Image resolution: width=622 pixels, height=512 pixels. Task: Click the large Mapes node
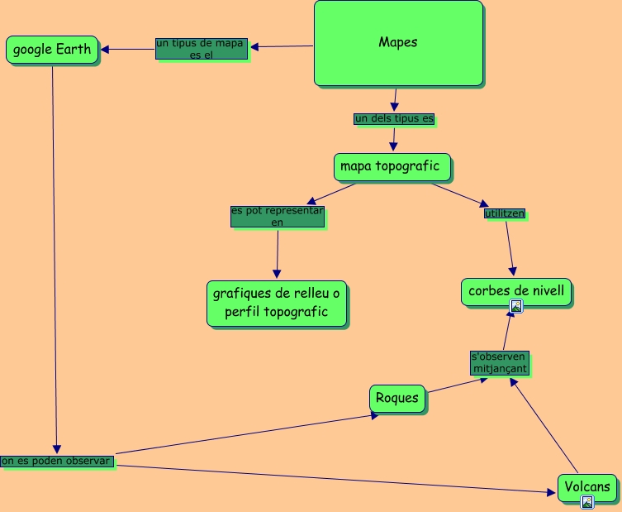(x=397, y=43)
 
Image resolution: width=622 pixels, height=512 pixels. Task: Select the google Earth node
(x=52, y=50)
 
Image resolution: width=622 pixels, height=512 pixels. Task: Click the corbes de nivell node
(x=516, y=291)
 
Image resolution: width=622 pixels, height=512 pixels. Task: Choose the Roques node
(x=397, y=398)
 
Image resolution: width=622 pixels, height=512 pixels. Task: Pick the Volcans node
(x=587, y=487)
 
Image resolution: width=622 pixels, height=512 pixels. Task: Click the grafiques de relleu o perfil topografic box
(x=277, y=303)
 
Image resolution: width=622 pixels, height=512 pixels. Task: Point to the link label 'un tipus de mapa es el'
(x=202, y=48)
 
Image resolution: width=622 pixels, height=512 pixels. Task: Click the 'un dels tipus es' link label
(x=394, y=119)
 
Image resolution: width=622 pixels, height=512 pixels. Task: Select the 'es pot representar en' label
(x=278, y=216)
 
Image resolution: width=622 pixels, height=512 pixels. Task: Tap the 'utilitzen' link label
(x=504, y=213)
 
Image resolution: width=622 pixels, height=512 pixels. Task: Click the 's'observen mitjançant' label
(x=499, y=362)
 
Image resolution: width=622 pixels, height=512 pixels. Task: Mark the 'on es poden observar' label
(x=56, y=461)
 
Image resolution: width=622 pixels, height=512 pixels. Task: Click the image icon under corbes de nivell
(x=516, y=306)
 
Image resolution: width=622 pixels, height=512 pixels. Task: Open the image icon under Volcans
(x=587, y=501)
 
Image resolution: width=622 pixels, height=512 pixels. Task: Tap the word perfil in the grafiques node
(x=245, y=312)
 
